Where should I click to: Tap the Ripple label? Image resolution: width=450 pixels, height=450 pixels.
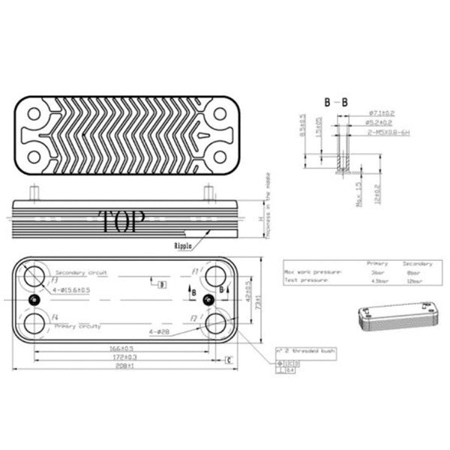point(185,245)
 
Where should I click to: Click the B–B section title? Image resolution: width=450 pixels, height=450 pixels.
point(335,101)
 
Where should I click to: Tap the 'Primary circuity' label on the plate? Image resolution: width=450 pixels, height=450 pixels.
point(79,327)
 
